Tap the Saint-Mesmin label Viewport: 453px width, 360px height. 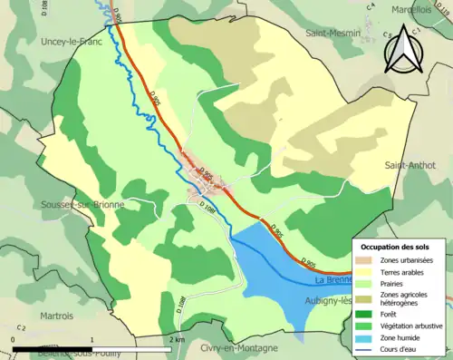(333, 34)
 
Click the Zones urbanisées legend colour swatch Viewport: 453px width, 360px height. (366, 260)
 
